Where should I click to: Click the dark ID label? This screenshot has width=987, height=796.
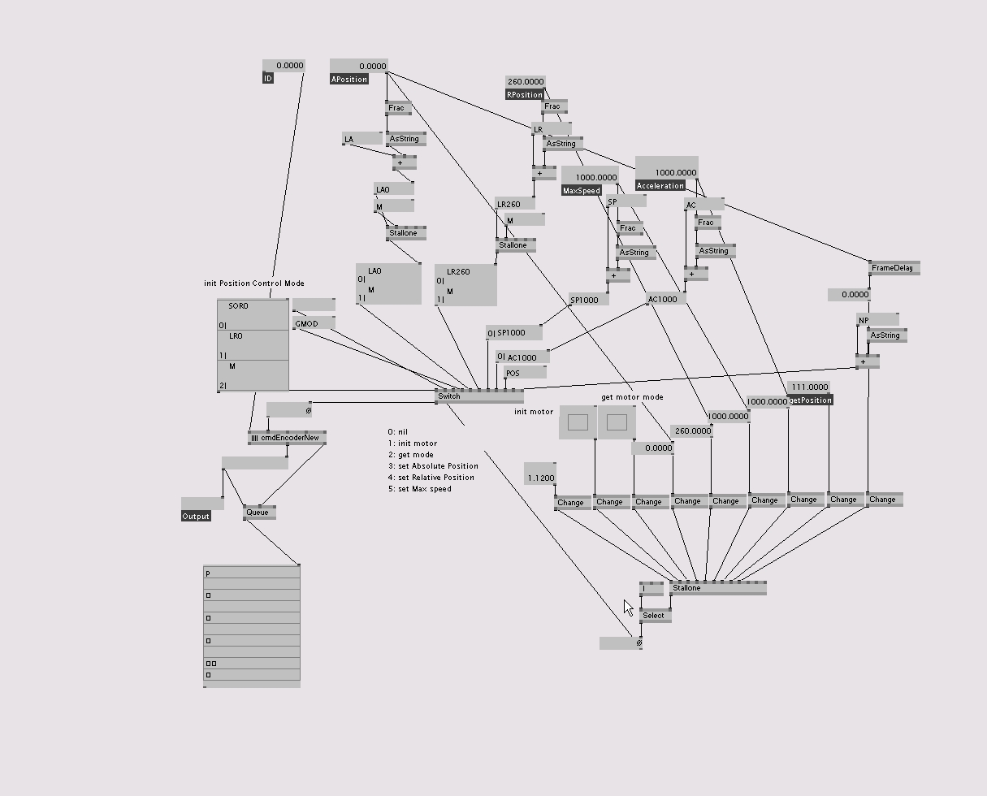click(268, 79)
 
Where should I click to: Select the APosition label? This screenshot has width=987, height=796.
click(349, 79)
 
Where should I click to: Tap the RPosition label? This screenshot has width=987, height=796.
click(525, 95)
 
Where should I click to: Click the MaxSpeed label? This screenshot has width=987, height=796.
click(582, 191)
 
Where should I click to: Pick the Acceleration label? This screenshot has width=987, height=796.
click(660, 186)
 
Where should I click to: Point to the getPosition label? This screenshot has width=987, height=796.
click(810, 400)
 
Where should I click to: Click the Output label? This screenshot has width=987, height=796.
click(196, 517)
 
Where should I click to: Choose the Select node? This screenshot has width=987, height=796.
click(653, 616)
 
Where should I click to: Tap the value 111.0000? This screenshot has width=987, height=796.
click(809, 387)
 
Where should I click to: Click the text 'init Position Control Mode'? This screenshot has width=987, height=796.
click(254, 283)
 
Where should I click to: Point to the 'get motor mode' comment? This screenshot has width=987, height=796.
click(632, 397)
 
